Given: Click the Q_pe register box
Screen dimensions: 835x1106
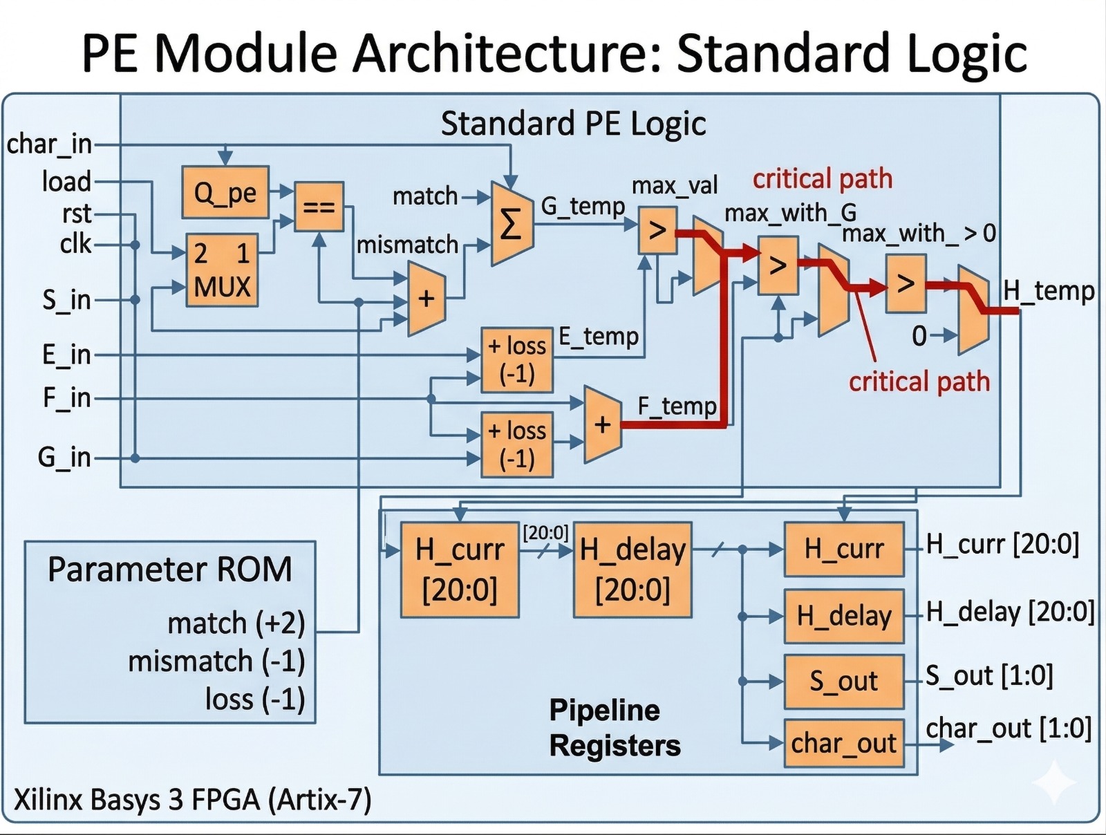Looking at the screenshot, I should pos(225,192).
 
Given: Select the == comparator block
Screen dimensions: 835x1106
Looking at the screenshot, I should pos(319,206).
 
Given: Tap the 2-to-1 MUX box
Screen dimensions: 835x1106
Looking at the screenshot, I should pos(222,270).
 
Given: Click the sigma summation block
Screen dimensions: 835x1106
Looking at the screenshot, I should pos(511,224).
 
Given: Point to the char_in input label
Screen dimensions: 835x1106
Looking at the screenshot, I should pos(49,144).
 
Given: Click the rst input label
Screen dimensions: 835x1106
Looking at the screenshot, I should pos(76,214).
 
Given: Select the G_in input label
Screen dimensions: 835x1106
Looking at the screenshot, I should pos(64,457).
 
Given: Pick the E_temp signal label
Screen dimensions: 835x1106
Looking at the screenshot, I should pos(599,337).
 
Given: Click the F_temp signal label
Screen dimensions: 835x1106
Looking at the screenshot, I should pos(677,406).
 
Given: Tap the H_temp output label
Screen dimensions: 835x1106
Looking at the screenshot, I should pos(1048,291).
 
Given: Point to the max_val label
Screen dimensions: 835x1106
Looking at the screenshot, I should pos(675,185).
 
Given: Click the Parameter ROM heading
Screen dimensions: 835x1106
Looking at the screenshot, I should pos(169,570).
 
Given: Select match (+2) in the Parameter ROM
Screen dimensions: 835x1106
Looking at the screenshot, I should pos(236,623).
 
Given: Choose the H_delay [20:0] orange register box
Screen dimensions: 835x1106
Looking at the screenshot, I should pos(632,570).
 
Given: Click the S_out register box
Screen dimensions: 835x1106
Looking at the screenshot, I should pos(843,682).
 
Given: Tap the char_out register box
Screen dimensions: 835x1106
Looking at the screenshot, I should pos(843,744).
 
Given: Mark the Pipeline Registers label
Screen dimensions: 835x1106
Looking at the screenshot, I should pos(615,728).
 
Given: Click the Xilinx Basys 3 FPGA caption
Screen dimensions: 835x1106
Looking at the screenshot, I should pos(193,800).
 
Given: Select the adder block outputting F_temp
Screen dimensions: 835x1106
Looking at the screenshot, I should pos(602,424).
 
